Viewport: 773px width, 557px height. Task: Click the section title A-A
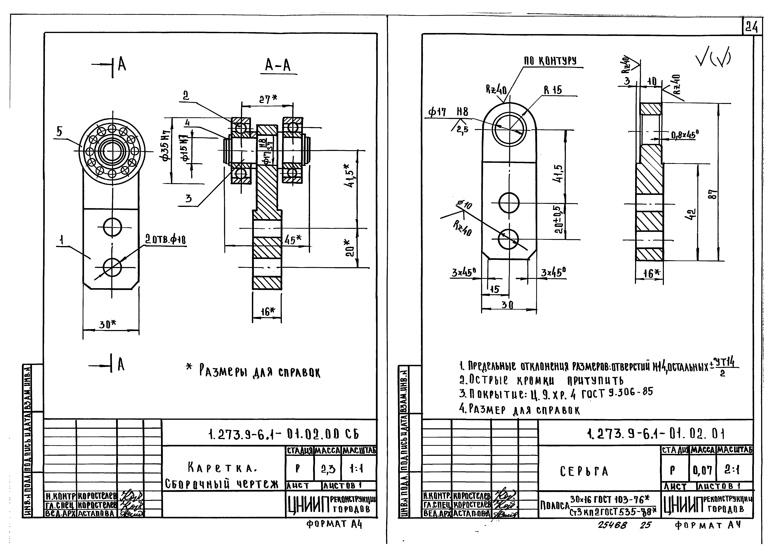[x=278, y=65]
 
